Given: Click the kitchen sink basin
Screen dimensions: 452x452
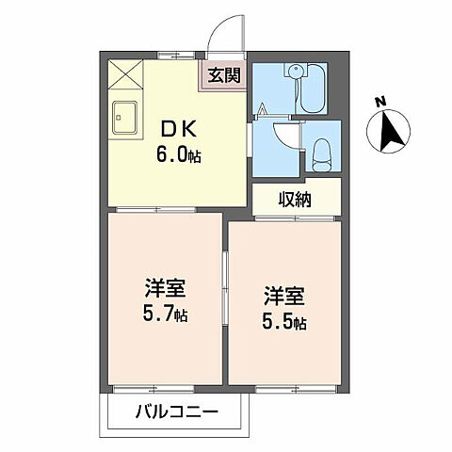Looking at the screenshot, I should [x=124, y=118].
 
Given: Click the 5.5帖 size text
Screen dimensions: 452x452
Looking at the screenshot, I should [x=283, y=323].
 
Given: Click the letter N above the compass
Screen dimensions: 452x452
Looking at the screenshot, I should [x=379, y=101].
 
